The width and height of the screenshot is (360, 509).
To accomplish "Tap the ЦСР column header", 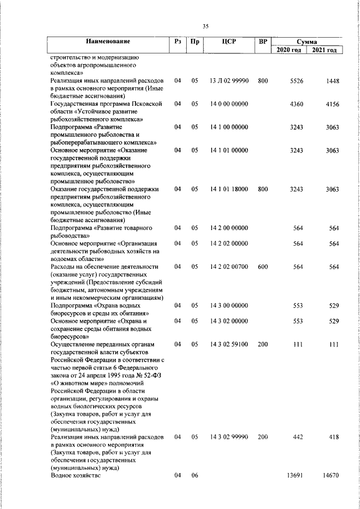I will coord(228,42).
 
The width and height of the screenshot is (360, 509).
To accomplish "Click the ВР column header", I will coord(263,42).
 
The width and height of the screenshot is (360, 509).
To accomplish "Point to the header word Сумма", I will coord(307,42).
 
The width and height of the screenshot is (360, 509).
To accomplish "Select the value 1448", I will coord(332,81).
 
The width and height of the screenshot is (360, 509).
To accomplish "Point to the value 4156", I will coord(332,104).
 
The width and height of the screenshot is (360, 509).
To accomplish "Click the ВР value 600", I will coord(263,267).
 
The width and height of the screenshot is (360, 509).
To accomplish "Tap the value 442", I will coord(298,436).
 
